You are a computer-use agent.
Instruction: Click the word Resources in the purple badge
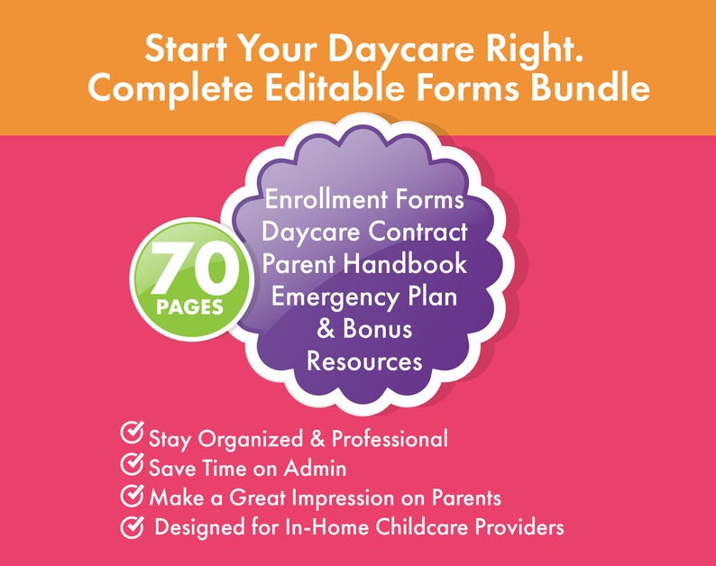point(364,361)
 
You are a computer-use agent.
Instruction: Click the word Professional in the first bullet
point(390,439)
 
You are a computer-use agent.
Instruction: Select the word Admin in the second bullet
point(320,469)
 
